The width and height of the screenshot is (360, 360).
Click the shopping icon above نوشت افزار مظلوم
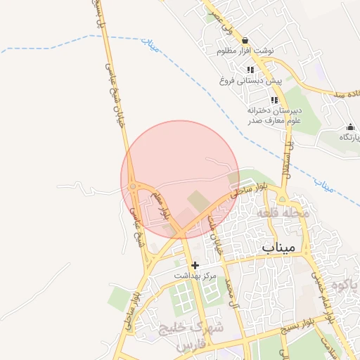pyautogui.click(x=245, y=41)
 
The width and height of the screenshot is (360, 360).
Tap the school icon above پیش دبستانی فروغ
pyautogui.click(x=250, y=70)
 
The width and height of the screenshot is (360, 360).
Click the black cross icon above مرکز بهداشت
pyautogui.click(x=195, y=265)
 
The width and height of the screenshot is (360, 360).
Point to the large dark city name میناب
pyautogui.click(x=280, y=248)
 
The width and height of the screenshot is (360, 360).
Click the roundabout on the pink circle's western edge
pyautogui.click(x=132, y=186)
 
